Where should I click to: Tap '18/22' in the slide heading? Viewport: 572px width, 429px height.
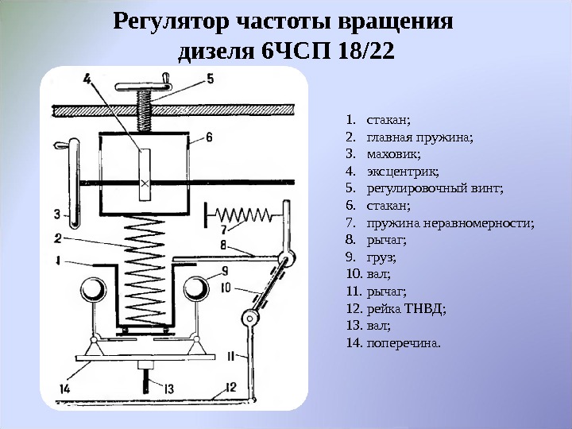click(x=365, y=52)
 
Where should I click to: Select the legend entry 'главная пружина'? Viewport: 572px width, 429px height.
click(x=420, y=137)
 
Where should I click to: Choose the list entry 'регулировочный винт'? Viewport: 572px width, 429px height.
click(x=435, y=189)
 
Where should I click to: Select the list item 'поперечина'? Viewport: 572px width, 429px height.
click(x=404, y=344)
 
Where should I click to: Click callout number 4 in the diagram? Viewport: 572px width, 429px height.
click(x=87, y=78)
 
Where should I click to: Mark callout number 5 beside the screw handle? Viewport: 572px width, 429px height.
click(x=211, y=79)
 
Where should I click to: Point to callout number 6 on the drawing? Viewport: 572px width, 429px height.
click(x=208, y=137)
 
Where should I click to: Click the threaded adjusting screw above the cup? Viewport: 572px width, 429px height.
click(x=145, y=112)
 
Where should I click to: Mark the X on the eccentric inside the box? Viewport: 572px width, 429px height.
click(x=145, y=184)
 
